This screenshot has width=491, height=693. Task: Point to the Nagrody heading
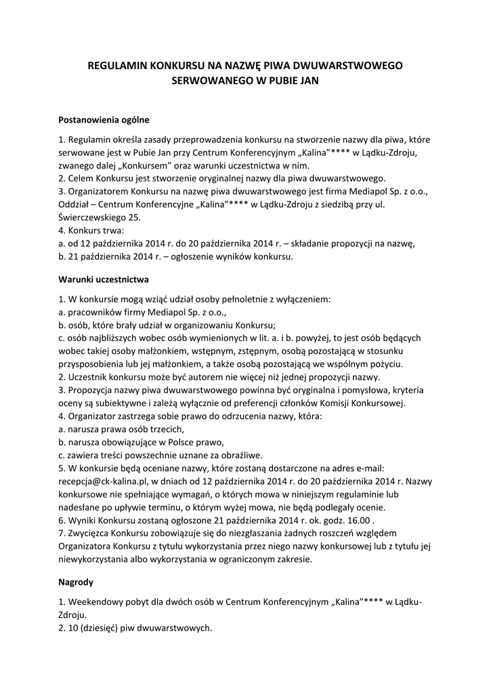pos(76,581)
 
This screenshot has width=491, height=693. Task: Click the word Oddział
pos(77,204)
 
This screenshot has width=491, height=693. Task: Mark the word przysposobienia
pos(93,364)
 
